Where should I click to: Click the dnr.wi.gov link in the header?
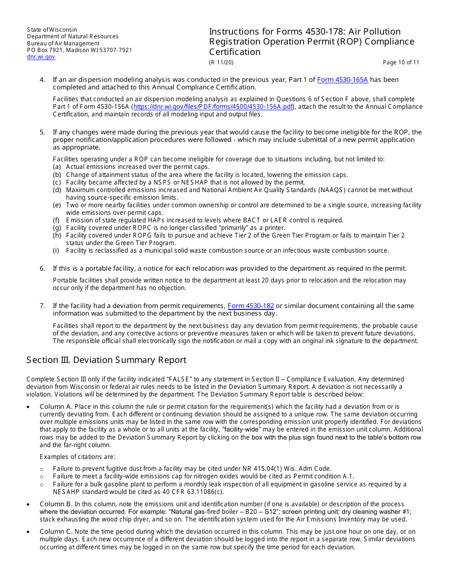tap(41, 57)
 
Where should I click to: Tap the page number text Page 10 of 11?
tap(401, 62)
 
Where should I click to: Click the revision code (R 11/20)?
tap(221, 62)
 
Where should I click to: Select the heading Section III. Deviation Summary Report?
tap(106, 360)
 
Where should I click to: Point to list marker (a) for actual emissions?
tap(57, 167)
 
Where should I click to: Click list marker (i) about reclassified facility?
tap(57, 251)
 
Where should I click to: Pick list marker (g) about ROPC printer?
tap(57, 228)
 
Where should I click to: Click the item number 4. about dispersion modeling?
tap(42, 79)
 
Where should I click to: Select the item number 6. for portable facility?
tap(42, 268)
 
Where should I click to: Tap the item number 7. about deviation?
tap(42, 306)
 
